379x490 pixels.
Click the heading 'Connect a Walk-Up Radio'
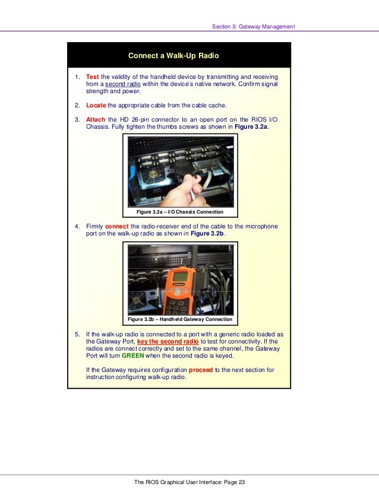(x=173, y=56)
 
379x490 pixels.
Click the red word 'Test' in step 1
(x=92, y=77)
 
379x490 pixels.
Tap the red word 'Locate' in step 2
(x=96, y=105)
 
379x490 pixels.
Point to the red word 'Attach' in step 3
(x=96, y=119)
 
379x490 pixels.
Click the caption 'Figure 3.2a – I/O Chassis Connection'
(x=179, y=212)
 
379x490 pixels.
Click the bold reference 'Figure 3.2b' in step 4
(x=207, y=234)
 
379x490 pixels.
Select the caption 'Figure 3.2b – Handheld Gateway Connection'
(x=179, y=319)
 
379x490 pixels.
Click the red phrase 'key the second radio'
(x=168, y=342)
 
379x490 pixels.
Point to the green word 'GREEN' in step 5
(x=133, y=357)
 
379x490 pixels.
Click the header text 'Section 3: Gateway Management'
(x=253, y=26)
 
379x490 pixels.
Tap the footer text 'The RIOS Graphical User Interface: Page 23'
(x=189, y=482)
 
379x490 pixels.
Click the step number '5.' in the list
(x=77, y=335)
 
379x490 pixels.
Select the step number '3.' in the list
(x=77, y=119)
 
